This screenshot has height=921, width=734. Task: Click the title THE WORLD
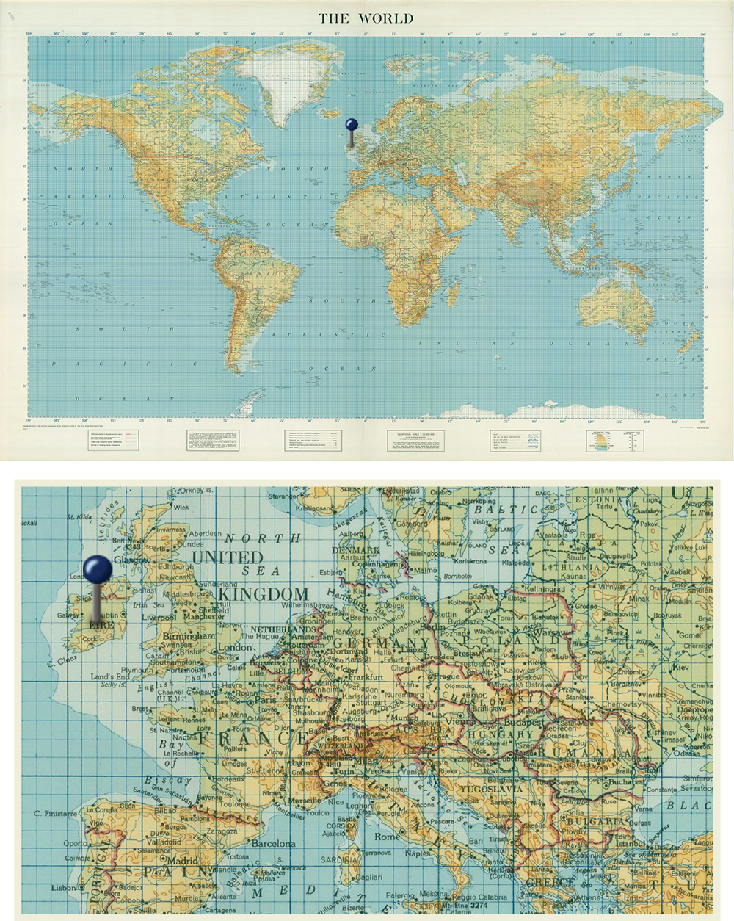[366, 18]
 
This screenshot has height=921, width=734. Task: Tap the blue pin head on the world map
[352, 125]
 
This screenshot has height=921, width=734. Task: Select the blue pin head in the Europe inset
[97, 569]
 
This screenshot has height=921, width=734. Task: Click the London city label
[236, 648]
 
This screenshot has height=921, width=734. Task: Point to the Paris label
[265, 700]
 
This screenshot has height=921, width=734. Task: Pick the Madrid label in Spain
[183, 860]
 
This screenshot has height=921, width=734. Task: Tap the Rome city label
[387, 837]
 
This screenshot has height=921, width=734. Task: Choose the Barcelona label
[273, 844]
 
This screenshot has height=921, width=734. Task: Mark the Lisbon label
[63, 888]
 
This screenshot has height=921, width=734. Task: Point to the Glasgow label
[133, 560]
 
